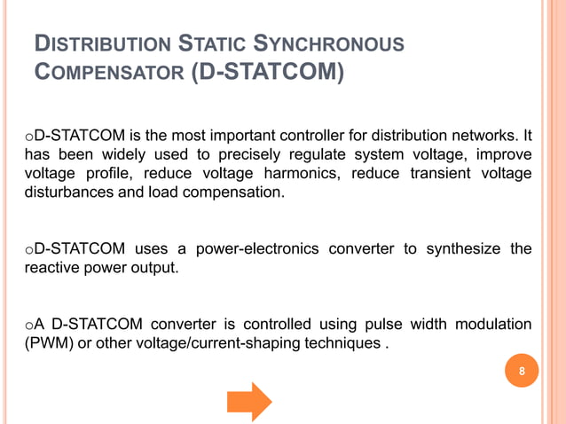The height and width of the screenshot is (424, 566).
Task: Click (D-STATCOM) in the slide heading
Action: pos(267,70)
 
